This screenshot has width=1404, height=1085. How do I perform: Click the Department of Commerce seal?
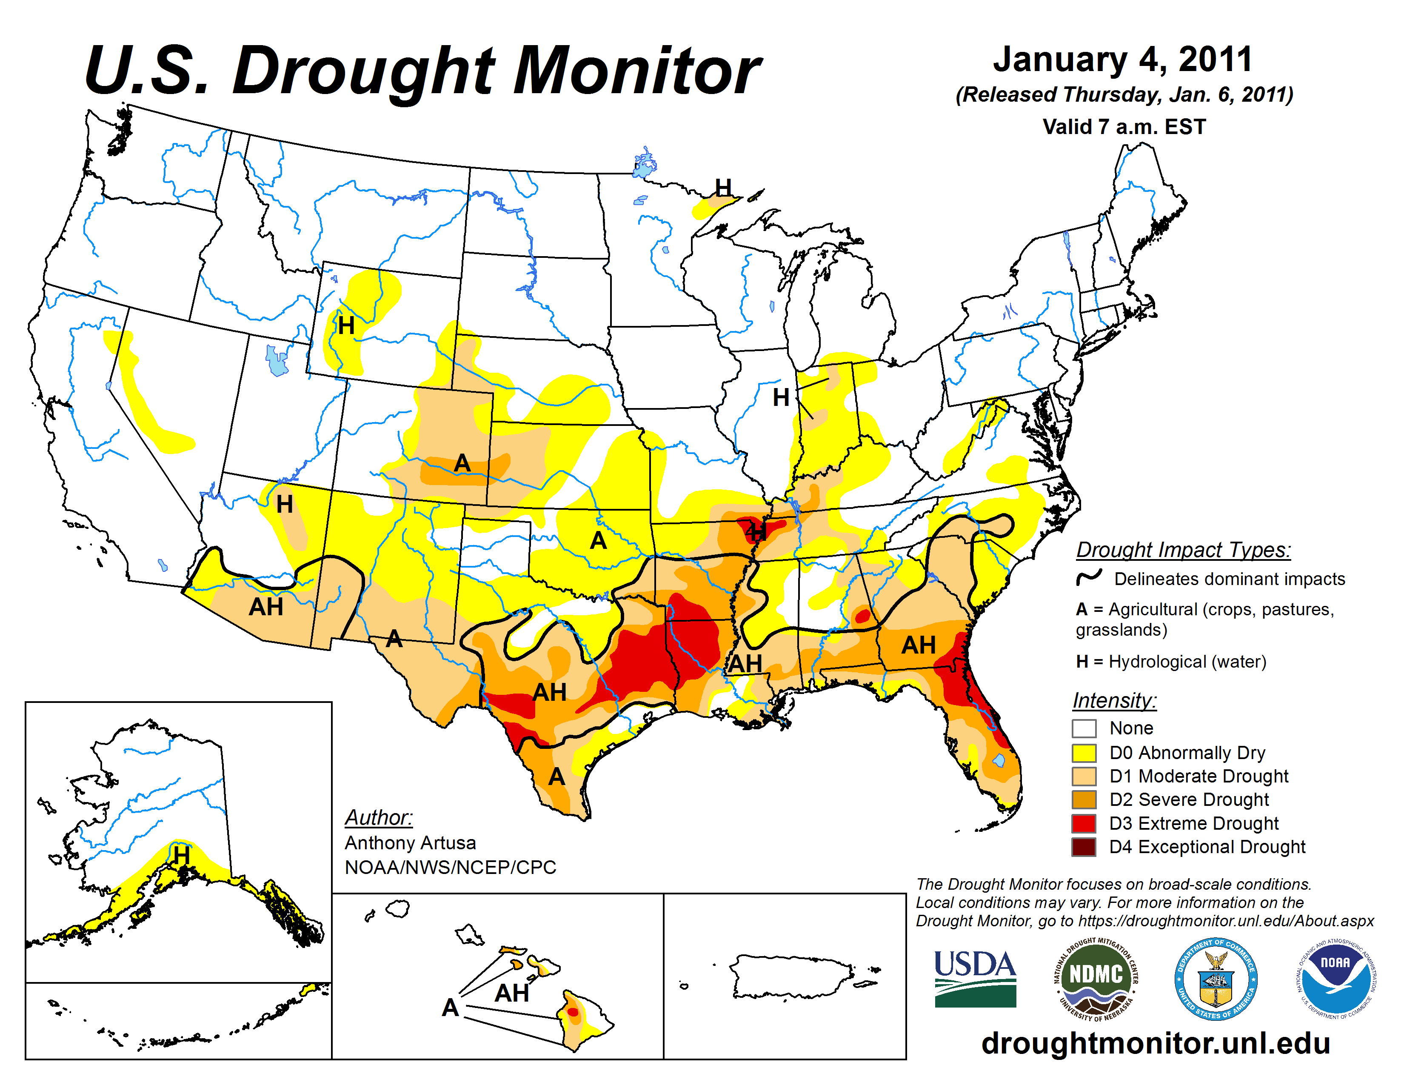point(1216,979)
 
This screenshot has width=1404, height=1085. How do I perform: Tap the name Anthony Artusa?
point(410,842)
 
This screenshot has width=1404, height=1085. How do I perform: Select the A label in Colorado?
point(462,463)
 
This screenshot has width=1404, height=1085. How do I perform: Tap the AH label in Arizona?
point(266,607)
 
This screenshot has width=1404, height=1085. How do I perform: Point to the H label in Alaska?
point(181,856)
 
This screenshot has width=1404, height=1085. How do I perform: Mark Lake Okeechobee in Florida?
point(999,760)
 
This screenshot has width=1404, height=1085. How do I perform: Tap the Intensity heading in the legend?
point(1114,700)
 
